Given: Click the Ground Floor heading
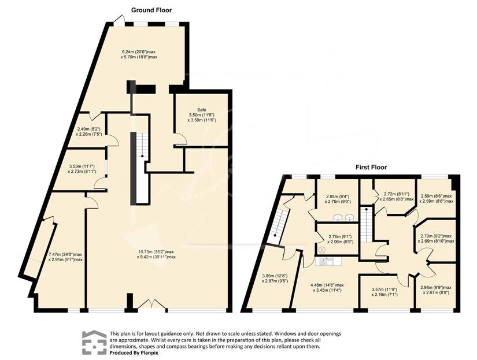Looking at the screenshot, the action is click(151, 10).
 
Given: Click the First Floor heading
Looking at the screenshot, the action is click(371, 167).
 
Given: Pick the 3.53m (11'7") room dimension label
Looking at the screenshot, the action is click(82, 166).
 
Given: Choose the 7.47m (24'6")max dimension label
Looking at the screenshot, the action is click(65, 254).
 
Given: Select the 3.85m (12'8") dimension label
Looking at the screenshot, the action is click(275, 276).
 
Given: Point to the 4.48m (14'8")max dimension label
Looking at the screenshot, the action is click(327, 285).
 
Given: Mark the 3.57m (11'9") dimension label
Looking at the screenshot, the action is click(384, 290).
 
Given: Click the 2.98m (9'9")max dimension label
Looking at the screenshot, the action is click(436, 288).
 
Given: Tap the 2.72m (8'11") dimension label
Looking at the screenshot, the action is click(397, 194).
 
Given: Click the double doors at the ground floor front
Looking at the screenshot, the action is click(150, 305).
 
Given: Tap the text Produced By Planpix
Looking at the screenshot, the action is click(134, 353).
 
